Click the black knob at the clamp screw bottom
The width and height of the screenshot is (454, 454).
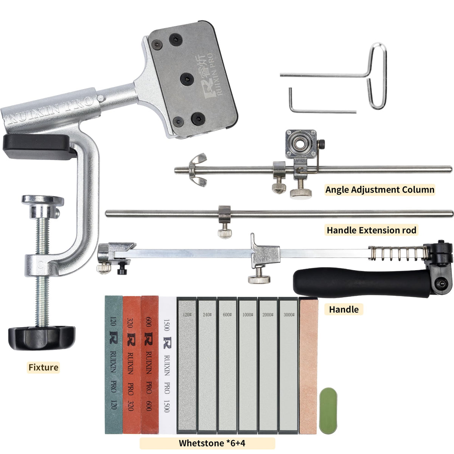coord(42,337)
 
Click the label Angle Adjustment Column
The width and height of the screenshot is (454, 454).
coord(379,190)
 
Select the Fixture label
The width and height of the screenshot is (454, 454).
coord(44,367)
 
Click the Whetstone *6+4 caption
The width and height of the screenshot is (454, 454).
coord(212,443)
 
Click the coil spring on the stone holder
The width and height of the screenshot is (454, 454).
coord(398,253)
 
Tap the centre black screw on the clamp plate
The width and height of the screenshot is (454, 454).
coord(187,79)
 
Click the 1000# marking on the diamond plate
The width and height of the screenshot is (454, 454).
coord(247,315)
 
